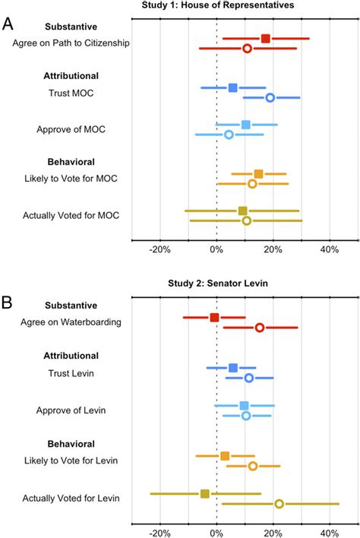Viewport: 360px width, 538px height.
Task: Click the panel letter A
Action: pos(8,23)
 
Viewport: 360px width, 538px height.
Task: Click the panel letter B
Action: pos(8,303)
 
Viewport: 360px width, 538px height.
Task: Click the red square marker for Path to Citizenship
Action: pos(265,38)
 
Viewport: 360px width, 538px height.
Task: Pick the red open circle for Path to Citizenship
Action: pos(247,49)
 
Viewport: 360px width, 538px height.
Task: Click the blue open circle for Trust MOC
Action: pos(270,97)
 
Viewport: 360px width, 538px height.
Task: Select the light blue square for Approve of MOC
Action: pos(245,125)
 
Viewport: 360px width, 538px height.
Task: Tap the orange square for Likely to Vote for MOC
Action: pos(258,174)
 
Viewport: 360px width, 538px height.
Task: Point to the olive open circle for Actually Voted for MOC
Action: pos(246,220)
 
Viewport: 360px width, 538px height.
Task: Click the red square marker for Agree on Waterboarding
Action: pos(214,318)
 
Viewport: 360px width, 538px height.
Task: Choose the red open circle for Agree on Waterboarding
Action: pos(259,328)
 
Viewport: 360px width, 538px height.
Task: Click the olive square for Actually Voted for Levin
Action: pos(204,493)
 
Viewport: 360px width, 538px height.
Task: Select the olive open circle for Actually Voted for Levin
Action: pos(279,504)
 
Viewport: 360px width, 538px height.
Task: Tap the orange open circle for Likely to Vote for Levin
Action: pos(252,466)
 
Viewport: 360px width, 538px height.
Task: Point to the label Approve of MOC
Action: pos(71,129)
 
